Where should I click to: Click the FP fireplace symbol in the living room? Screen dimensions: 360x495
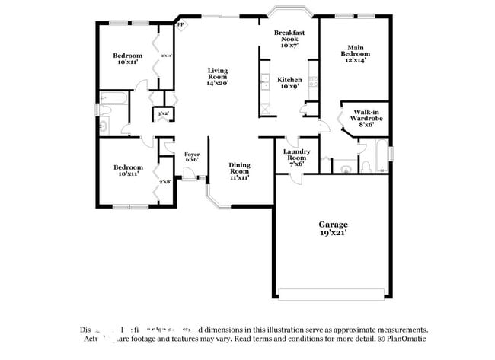[180, 25]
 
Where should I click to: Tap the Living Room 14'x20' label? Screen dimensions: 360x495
[218, 77]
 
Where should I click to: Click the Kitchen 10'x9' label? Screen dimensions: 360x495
[290, 82]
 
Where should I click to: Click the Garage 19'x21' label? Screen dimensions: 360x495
[333, 228]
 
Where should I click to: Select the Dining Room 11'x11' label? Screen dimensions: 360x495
[239, 170]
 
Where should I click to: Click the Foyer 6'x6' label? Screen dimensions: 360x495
[192, 157]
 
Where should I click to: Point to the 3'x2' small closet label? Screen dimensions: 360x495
[163, 114]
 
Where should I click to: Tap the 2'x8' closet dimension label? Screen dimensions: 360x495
[164, 182]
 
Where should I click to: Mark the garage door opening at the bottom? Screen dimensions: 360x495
[332, 294]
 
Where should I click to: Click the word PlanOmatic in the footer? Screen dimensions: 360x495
[404, 340]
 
